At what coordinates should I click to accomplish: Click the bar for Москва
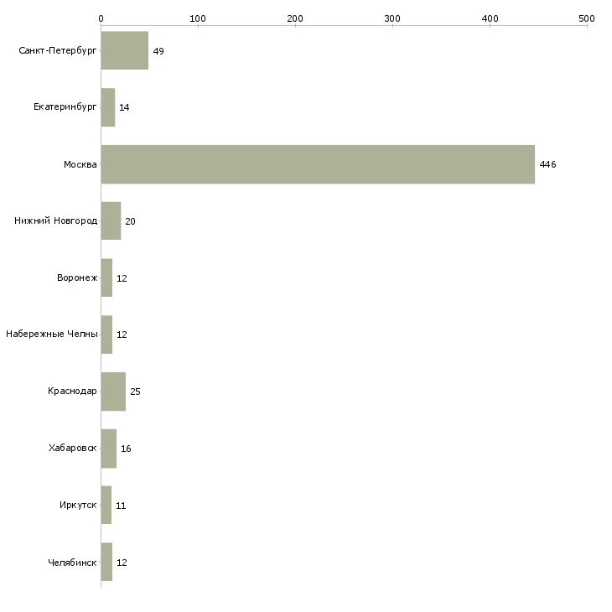tap(318, 164)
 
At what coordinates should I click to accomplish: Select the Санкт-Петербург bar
tap(125, 50)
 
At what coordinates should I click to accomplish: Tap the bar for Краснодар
tap(113, 392)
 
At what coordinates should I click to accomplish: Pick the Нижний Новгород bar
tap(111, 221)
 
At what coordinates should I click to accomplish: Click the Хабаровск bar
tap(108, 449)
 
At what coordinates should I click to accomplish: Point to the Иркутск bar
tap(106, 505)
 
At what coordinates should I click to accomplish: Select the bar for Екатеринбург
tap(107, 107)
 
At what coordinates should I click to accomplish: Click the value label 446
tap(547, 164)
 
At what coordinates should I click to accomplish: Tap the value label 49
tap(158, 51)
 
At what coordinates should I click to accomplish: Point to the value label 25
tap(135, 392)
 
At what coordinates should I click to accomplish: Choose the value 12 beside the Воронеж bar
tap(122, 278)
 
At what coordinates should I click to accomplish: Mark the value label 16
tap(126, 449)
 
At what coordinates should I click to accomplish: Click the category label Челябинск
tap(72, 563)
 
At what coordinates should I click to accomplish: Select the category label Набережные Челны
tap(51, 335)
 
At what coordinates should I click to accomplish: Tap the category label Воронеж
tap(77, 277)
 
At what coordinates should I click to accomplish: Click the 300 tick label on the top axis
tap(392, 18)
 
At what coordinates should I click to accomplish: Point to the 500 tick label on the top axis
tap(587, 18)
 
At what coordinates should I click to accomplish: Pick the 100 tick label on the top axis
tap(198, 18)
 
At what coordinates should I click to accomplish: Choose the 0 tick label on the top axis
tap(101, 18)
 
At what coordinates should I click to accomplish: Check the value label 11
tap(121, 506)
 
